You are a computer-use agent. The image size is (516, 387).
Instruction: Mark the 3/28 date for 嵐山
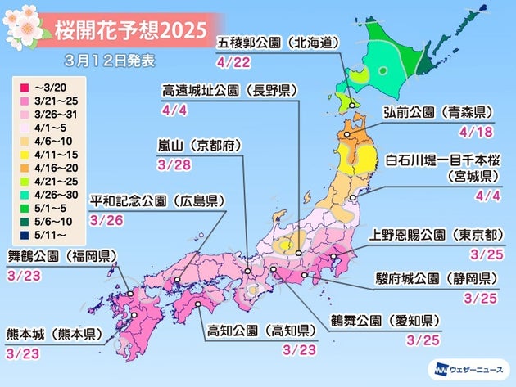[x=177, y=162]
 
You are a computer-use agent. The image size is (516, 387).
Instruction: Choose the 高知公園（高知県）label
[x=256, y=331]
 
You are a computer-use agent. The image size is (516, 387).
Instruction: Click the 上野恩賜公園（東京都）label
[x=441, y=236]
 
